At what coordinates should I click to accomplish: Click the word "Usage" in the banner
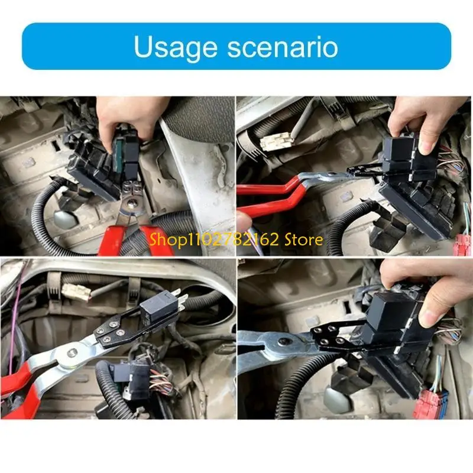click(x=172, y=47)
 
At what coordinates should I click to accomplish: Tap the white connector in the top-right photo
click(x=275, y=141)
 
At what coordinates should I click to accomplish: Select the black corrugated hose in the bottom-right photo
click(x=296, y=384)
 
